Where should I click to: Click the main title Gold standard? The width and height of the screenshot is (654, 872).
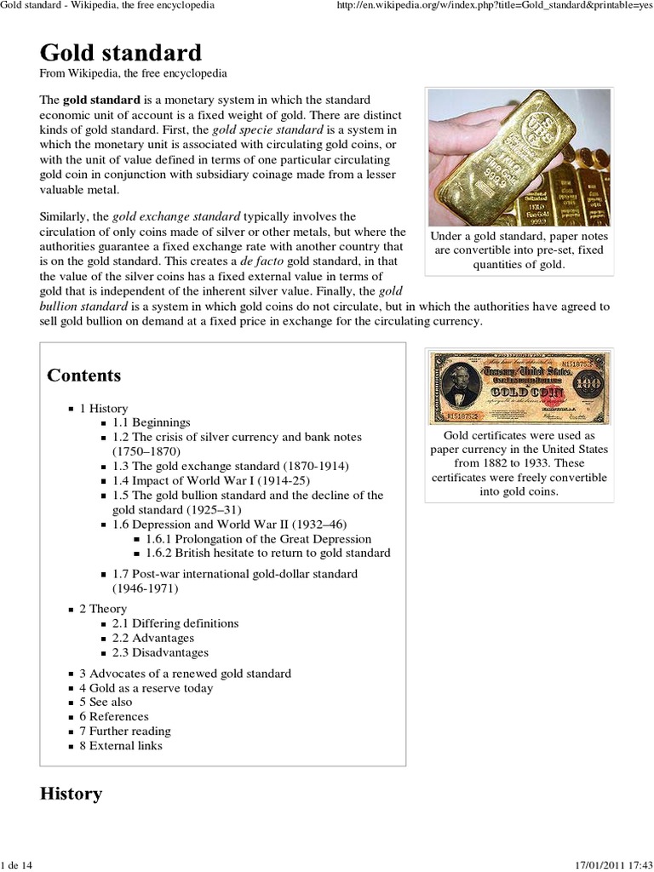(x=121, y=53)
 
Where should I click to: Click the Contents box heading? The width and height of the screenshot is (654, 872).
(x=84, y=376)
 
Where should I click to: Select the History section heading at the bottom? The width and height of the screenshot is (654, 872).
(x=71, y=794)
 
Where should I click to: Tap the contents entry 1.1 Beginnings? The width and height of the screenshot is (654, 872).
(x=151, y=422)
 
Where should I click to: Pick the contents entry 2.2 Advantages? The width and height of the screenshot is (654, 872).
(x=152, y=638)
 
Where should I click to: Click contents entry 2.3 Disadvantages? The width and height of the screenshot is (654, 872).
(x=160, y=652)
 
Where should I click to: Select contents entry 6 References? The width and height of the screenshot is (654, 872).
(x=113, y=717)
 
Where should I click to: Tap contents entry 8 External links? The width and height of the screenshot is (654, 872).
(x=120, y=746)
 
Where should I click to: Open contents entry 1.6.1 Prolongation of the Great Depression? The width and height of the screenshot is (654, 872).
(x=258, y=538)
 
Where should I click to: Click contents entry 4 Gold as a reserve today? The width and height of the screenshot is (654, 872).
(x=146, y=688)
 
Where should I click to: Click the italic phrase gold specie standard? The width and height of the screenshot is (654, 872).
(x=267, y=129)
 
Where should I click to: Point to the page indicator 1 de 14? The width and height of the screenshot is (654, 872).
(x=16, y=864)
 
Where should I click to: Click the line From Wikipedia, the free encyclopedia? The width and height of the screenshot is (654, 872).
(x=133, y=74)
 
